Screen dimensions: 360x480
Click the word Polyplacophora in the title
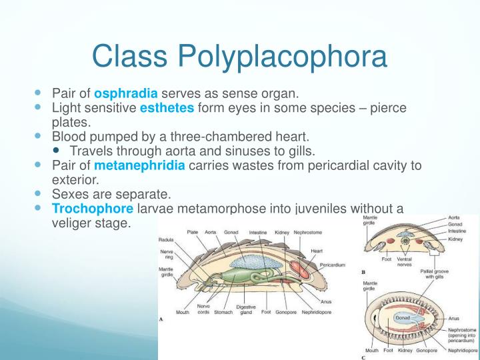point(281,56)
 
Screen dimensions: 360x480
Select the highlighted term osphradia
point(126,93)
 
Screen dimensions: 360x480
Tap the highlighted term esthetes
point(167,108)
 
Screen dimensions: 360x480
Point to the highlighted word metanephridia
point(139,165)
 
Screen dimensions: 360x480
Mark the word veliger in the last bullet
point(71,223)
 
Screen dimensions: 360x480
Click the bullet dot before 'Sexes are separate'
point(37,195)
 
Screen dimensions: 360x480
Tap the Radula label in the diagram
point(166,239)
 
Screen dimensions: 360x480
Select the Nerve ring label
point(167,255)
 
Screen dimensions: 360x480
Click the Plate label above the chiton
point(192,232)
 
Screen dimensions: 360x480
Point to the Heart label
point(317,251)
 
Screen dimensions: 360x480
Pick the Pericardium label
point(332,265)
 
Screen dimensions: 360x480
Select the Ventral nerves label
point(404,261)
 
